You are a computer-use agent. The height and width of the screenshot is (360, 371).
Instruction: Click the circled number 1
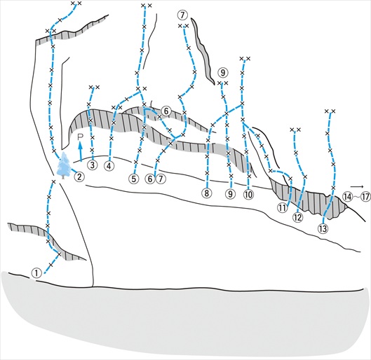(x=36, y=273)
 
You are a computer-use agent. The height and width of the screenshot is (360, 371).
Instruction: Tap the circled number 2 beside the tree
(x=79, y=176)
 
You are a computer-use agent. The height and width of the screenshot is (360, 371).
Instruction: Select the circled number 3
(x=93, y=165)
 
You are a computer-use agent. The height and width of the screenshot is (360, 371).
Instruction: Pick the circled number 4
(x=109, y=166)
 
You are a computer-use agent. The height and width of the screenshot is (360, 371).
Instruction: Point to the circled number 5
(x=134, y=179)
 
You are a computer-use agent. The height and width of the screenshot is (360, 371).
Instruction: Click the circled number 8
(x=207, y=193)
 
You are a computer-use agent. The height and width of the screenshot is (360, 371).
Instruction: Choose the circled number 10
(x=248, y=195)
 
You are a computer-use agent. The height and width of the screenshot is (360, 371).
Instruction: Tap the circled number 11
(x=282, y=208)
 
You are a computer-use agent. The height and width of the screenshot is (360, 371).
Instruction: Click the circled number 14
(x=347, y=197)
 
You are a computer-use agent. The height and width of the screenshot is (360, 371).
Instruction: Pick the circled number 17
(x=365, y=197)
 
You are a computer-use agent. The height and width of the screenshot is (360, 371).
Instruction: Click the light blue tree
(x=64, y=165)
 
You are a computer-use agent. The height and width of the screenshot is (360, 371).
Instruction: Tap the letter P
(x=81, y=137)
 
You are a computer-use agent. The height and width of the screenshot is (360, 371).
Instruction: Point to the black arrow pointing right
(x=357, y=186)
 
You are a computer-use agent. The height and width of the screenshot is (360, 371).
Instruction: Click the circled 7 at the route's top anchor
(x=182, y=15)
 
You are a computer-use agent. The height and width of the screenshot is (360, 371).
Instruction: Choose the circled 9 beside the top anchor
(x=223, y=73)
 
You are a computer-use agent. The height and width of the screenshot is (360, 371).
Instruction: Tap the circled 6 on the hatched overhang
(x=166, y=111)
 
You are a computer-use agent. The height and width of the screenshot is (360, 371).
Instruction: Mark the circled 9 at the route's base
(x=230, y=194)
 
